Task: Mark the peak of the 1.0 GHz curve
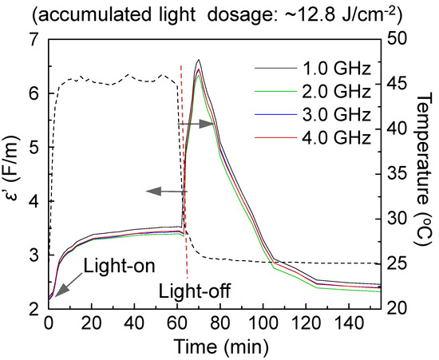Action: click(198, 60)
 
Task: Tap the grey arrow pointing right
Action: click(197, 124)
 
